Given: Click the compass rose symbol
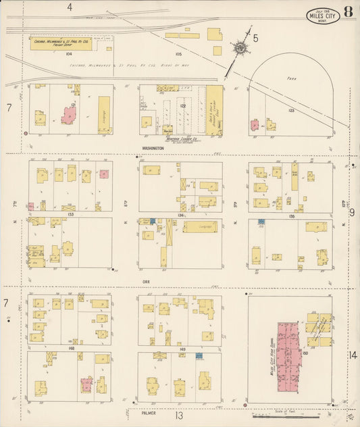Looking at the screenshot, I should point(240,48).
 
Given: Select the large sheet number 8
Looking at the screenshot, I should point(347,11).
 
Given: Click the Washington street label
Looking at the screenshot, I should point(153,146).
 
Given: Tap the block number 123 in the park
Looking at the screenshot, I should point(291,110).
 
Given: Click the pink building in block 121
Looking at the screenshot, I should point(68,115).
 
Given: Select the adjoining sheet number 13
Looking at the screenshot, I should point(179,416).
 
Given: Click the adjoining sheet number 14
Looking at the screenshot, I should point(353,355).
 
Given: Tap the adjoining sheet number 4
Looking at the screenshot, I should point(70,7).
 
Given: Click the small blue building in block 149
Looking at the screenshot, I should point(199,355).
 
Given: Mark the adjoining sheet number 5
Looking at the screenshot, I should point(255,39).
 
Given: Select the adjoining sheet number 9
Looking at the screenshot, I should point(352,212).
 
